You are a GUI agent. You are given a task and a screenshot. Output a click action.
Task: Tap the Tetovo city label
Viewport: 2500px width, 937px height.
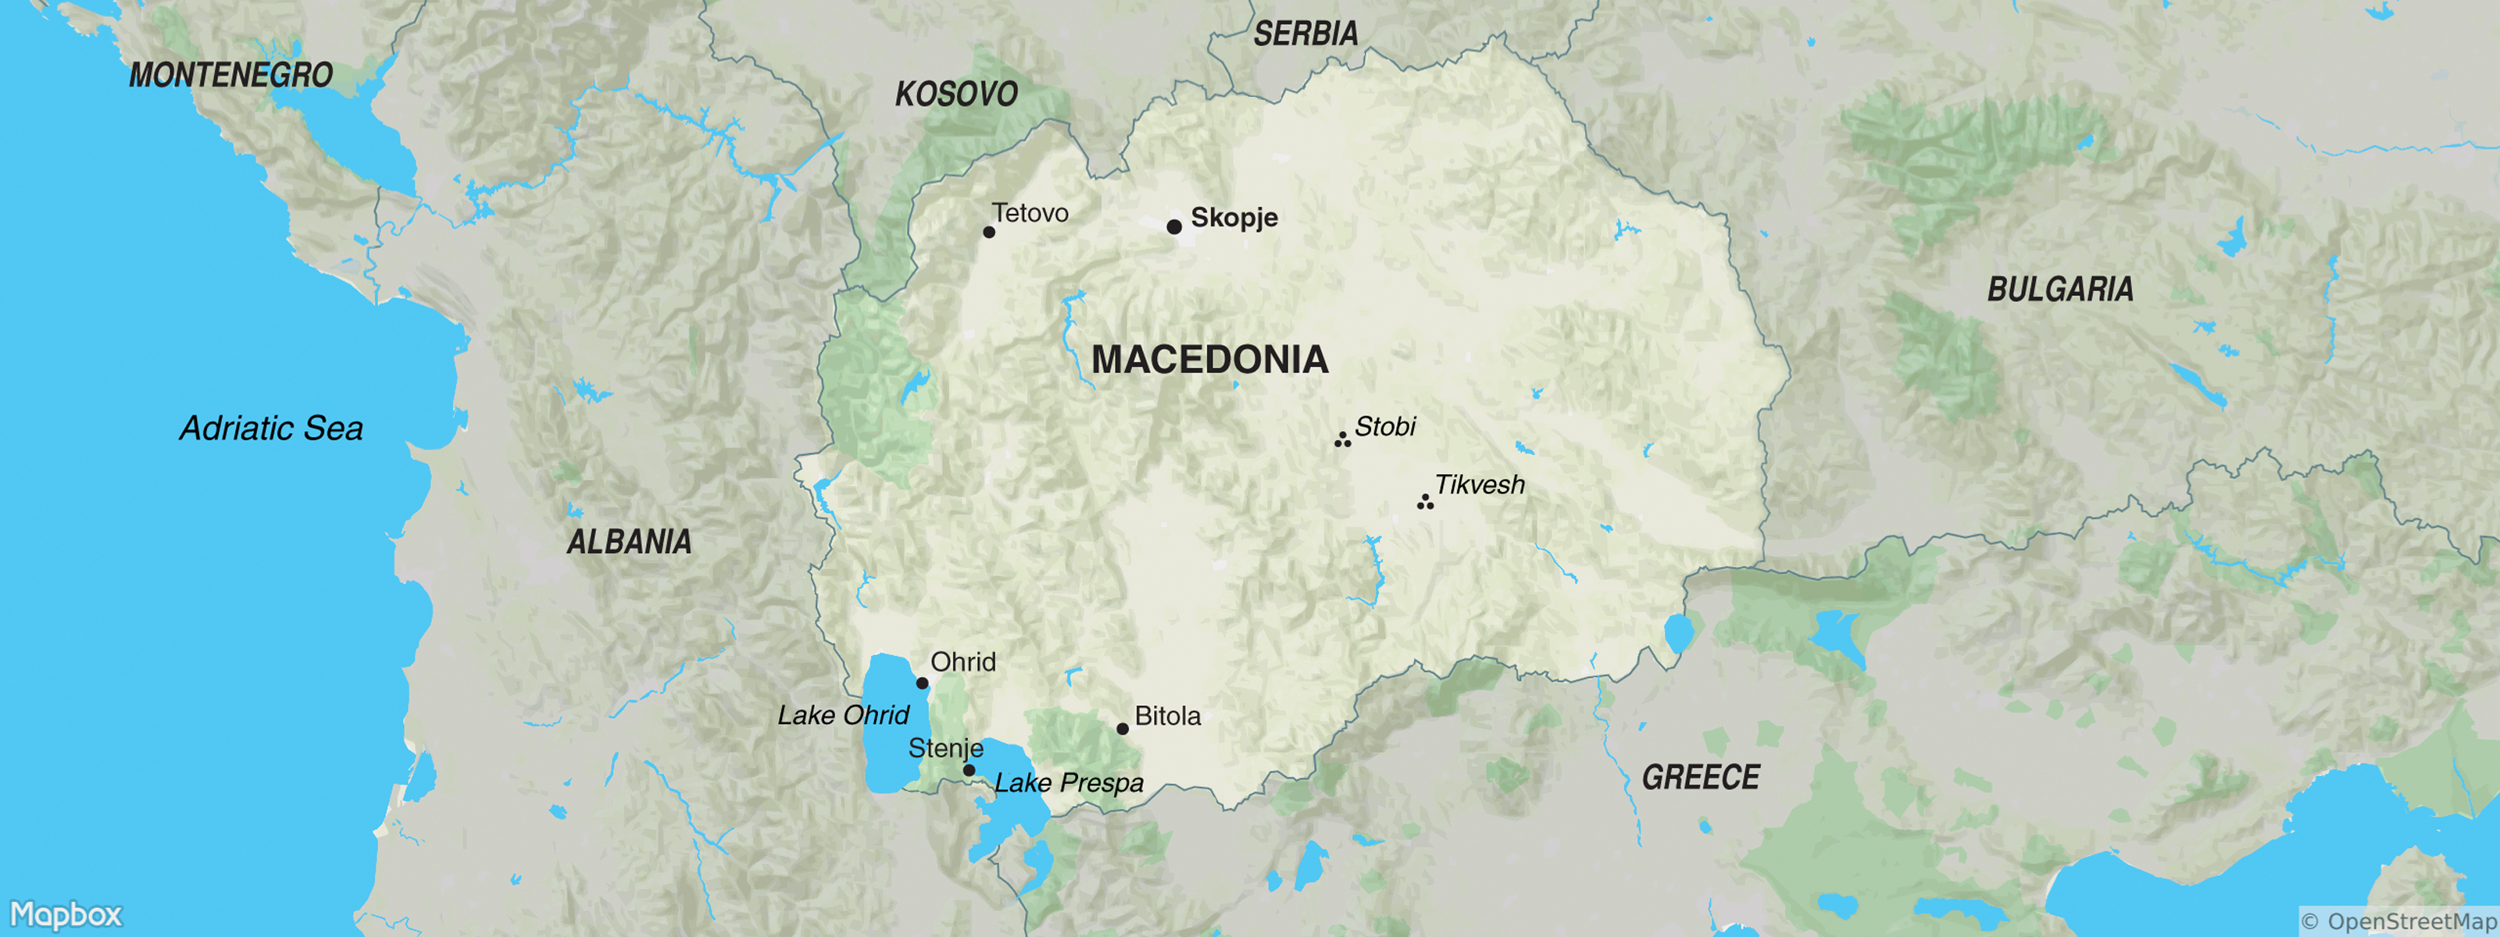click(1030, 213)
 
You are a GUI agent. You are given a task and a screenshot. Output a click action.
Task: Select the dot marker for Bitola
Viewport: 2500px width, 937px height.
click(1123, 729)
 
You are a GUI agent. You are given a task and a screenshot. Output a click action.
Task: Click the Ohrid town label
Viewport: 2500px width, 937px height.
click(962, 662)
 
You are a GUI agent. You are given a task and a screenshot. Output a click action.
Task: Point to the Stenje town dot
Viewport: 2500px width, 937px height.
click(969, 770)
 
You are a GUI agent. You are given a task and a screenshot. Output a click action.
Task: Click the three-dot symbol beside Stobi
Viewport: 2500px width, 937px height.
click(1342, 440)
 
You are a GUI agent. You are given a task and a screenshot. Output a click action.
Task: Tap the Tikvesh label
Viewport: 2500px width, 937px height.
click(1479, 485)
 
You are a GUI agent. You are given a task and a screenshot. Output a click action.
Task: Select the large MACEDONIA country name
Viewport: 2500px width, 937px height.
click(1209, 360)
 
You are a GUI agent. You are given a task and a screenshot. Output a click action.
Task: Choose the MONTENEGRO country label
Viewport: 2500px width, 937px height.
click(231, 76)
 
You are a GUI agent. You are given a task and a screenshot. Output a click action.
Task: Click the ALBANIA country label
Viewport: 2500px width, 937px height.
click(629, 542)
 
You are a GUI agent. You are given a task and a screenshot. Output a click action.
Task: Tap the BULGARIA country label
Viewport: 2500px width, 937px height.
click(2059, 290)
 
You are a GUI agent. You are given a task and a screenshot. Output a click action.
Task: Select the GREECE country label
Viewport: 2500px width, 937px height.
click(1700, 778)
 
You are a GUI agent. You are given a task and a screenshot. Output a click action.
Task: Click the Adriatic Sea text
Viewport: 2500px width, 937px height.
click(272, 429)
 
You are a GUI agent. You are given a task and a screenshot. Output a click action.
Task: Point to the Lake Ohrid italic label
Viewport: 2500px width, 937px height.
click(842, 716)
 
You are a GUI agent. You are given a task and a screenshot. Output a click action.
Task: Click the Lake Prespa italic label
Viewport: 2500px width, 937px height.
click(1069, 782)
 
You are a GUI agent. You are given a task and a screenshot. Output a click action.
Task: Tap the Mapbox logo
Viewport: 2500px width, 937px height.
click(66, 914)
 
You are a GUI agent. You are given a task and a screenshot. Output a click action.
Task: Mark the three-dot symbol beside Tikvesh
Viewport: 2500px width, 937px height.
click(1425, 501)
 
